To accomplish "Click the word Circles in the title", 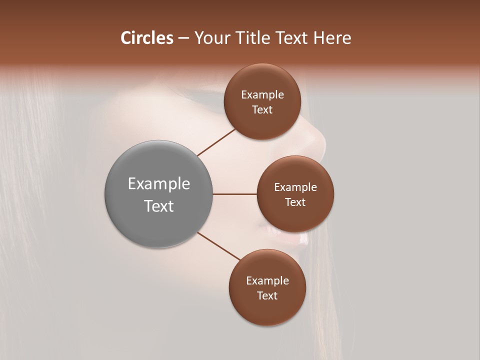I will click(146, 38).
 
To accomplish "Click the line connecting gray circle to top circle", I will click(216, 142).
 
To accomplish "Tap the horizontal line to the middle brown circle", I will click(235, 194).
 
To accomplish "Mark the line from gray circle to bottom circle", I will click(219, 246).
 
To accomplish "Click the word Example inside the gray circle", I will click(159, 184).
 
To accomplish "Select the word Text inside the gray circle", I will click(159, 206).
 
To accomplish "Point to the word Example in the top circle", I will click(262, 95).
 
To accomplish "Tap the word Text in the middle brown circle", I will click(295, 202).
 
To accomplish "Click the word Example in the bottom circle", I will click(267, 281).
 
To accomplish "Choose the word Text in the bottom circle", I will click(267, 295).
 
